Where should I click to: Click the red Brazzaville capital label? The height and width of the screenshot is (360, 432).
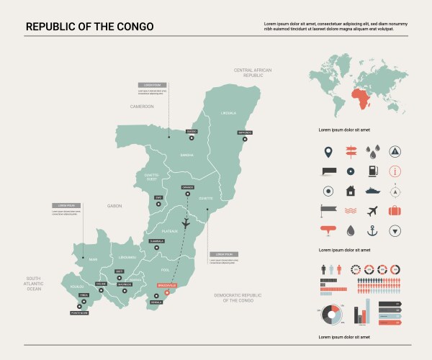(166, 285)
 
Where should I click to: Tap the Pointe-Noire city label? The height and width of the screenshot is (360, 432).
(79, 312)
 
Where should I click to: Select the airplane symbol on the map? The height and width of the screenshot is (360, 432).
(186, 222)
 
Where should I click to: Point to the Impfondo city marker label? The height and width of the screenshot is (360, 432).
(244, 133)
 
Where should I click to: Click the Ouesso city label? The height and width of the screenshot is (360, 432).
(191, 131)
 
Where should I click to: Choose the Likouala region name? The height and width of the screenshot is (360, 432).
(228, 112)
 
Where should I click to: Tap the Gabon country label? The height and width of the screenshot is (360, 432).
(114, 206)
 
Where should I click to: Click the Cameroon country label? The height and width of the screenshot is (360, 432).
(142, 106)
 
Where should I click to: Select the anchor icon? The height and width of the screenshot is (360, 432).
(372, 230)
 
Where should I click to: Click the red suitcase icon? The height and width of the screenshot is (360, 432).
(395, 211)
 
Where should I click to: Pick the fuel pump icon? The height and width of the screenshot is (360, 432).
(372, 171)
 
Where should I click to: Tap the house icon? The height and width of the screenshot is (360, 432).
(351, 192)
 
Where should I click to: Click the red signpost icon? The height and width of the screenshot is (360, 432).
(351, 152)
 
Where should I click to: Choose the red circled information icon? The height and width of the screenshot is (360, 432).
(395, 171)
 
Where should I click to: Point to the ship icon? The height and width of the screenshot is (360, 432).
(372, 192)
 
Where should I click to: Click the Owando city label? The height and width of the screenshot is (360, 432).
(188, 187)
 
